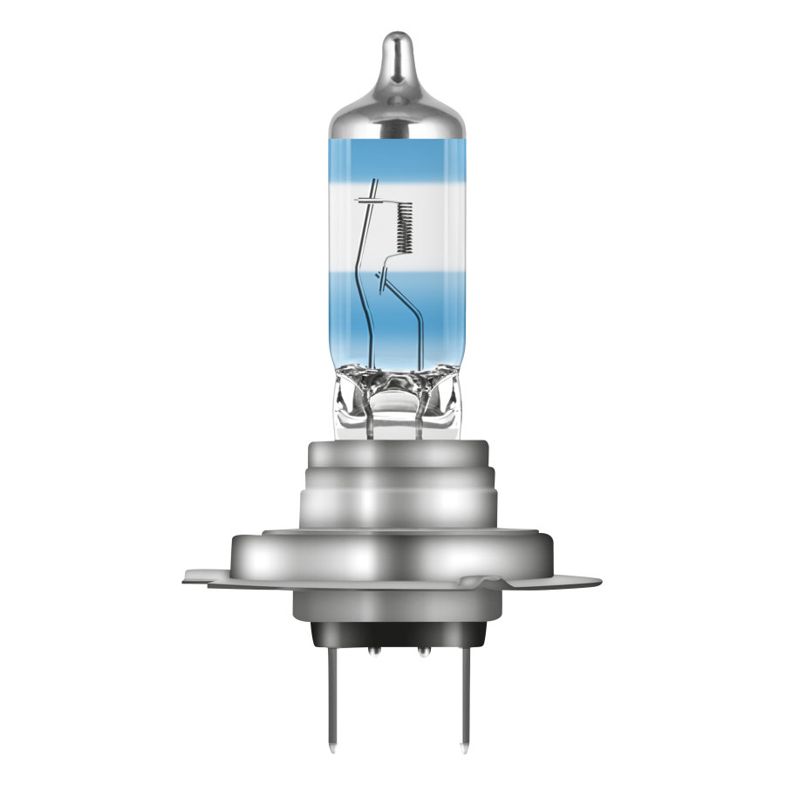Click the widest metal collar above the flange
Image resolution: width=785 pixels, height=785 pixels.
click(x=397, y=553)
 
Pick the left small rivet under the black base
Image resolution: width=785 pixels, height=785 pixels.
click(x=373, y=650)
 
